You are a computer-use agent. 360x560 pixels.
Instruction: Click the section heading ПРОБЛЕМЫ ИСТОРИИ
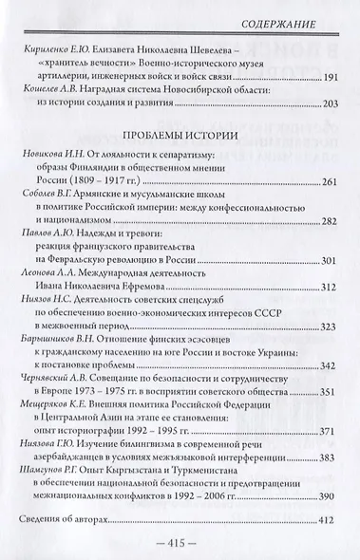(179, 133)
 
